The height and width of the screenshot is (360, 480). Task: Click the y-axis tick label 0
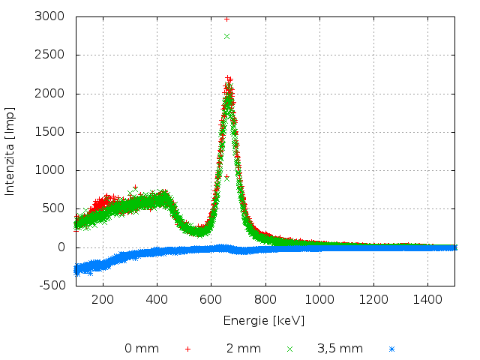coord(61,247)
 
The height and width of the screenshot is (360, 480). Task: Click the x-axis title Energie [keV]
coord(264,320)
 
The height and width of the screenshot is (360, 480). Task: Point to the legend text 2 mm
coord(244,348)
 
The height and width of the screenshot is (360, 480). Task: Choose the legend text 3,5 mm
coord(340,348)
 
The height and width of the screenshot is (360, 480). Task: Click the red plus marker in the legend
coord(187,349)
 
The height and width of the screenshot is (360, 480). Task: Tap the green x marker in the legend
coord(289,349)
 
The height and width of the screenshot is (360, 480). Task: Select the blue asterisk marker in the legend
coord(391,349)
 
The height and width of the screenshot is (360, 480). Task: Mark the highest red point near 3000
coord(226,19)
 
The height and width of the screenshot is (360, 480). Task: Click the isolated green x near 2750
coord(226,36)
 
